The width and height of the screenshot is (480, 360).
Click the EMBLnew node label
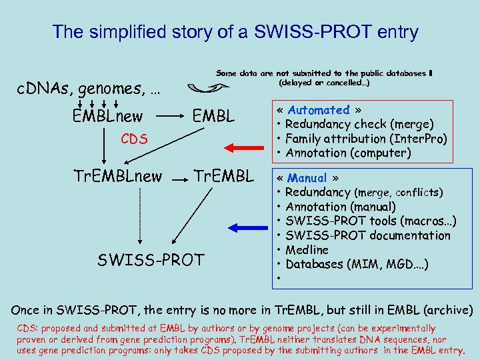(107, 117)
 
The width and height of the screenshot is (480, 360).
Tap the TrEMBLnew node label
(117, 176)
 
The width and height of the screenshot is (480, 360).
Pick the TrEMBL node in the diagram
(223, 176)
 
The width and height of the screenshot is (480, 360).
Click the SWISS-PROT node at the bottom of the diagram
(151, 259)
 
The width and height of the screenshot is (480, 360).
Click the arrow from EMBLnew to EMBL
(170, 117)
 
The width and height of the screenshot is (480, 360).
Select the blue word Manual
(307, 178)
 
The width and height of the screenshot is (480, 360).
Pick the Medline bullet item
(307, 250)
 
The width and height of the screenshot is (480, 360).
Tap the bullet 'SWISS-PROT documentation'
(367, 235)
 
